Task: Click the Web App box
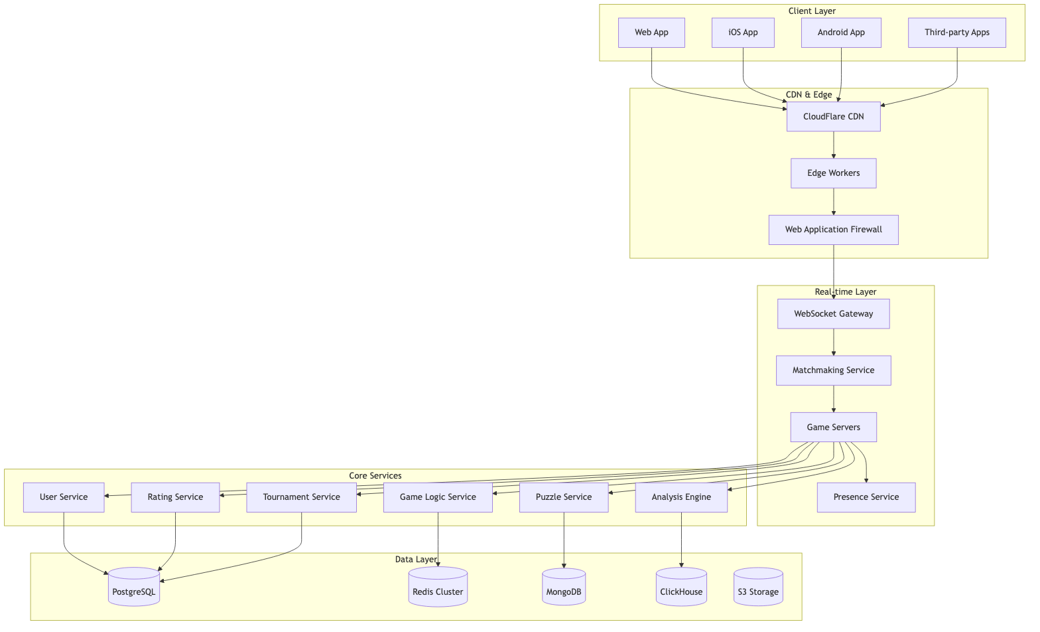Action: click(651, 33)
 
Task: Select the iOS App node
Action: click(743, 33)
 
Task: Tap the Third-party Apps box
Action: click(956, 33)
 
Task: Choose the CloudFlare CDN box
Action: click(833, 117)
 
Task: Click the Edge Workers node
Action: click(833, 173)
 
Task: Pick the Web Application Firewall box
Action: click(833, 230)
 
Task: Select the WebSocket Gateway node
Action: click(833, 314)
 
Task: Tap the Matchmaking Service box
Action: click(833, 370)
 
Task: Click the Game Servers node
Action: click(833, 428)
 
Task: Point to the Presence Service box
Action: click(866, 497)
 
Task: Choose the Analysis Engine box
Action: click(681, 497)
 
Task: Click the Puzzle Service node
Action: click(563, 497)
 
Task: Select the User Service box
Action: click(64, 497)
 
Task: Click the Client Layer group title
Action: click(812, 11)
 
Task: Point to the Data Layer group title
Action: click(416, 560)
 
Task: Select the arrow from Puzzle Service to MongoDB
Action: click(563, 539)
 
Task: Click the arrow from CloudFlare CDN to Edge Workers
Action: click(833, 145)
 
